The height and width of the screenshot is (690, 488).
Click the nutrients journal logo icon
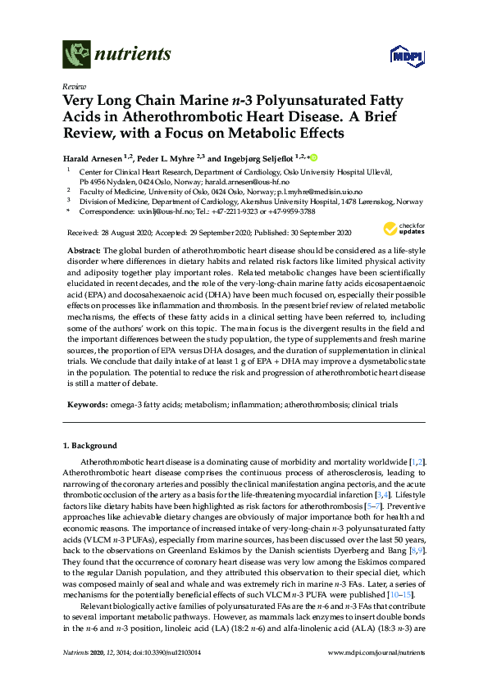coord(76,55)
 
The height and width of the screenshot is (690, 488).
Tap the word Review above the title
coord(75,85)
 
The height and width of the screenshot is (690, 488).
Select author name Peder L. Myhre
coord(162,157)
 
